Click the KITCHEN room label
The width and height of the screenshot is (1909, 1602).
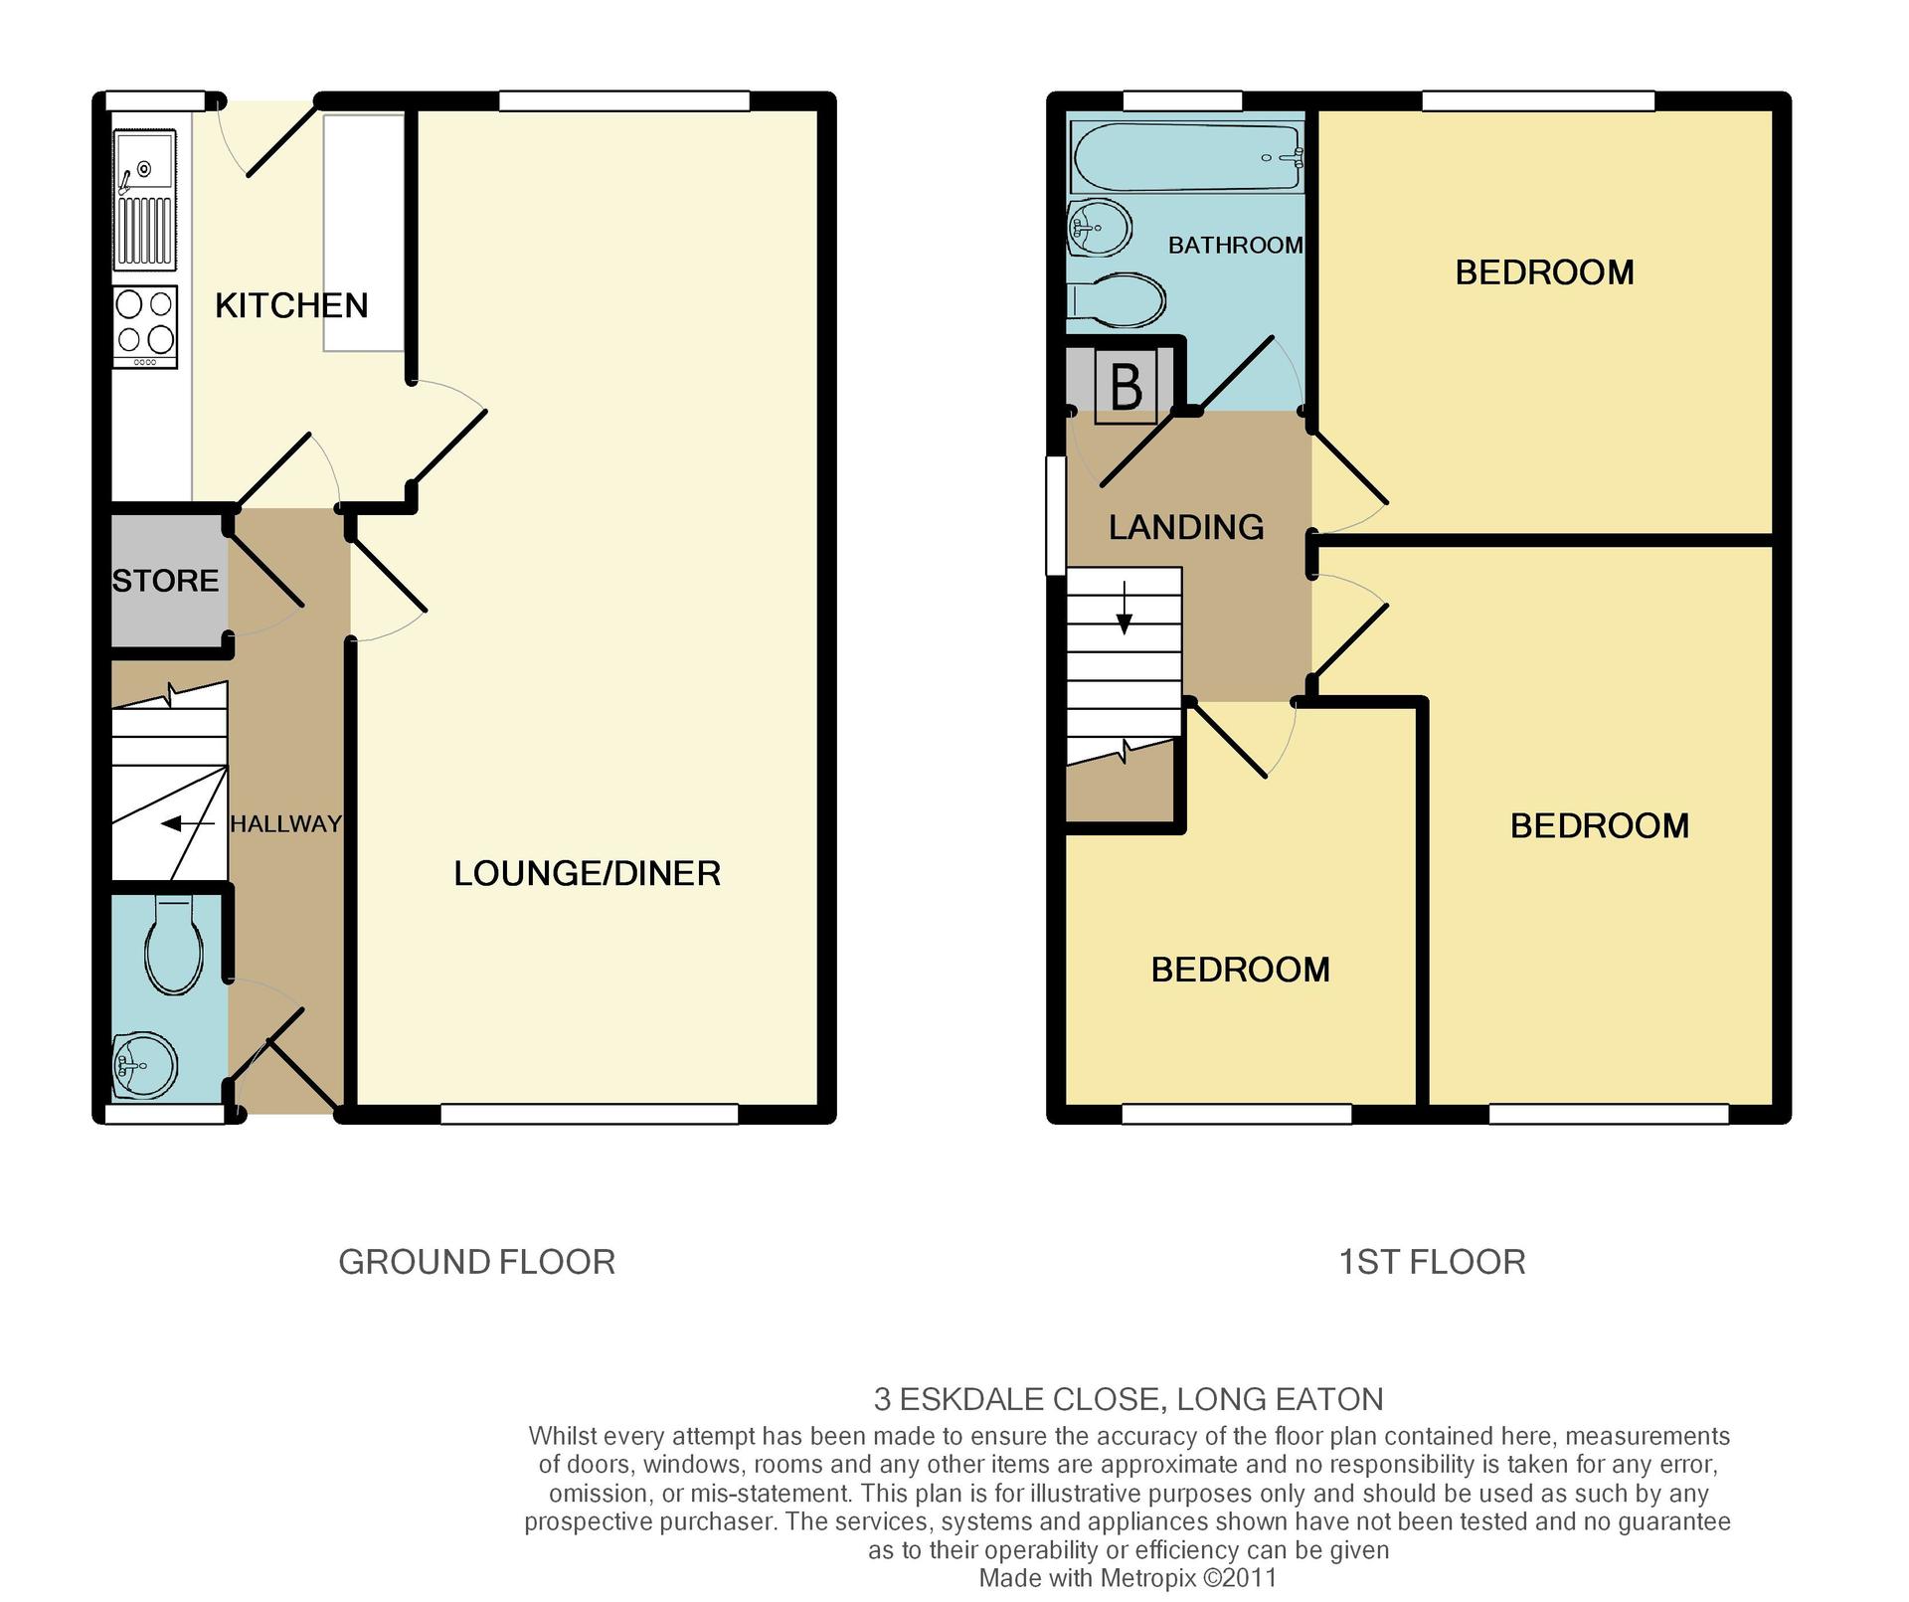click(291, 305)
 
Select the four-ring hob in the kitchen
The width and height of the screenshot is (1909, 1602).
click(146, 327)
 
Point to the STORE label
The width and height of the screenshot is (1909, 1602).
click(165, 581)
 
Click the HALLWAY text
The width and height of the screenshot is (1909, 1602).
click(285, 823)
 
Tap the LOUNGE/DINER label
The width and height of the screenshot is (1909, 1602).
click(587, 873)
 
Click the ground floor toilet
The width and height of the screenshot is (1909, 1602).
click(175, 945)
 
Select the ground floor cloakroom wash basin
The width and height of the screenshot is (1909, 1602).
click(145, 1065)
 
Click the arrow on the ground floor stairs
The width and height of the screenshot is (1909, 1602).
click(187, 823)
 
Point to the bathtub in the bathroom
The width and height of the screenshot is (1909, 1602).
click(1187, 157)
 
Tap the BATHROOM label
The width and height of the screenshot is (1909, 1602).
click(1235, 245)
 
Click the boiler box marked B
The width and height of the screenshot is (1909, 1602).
click(1126, 387)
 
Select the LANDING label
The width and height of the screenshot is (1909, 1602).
click(1186, 527)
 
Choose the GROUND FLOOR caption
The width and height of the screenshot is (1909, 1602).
click(477, 1262)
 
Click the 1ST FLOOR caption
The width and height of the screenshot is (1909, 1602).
click(1432, 1262)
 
